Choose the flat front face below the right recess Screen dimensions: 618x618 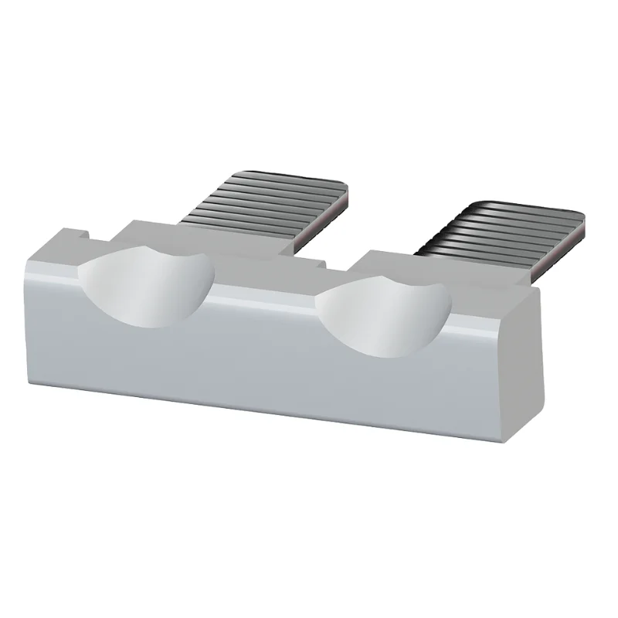[386, 394]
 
